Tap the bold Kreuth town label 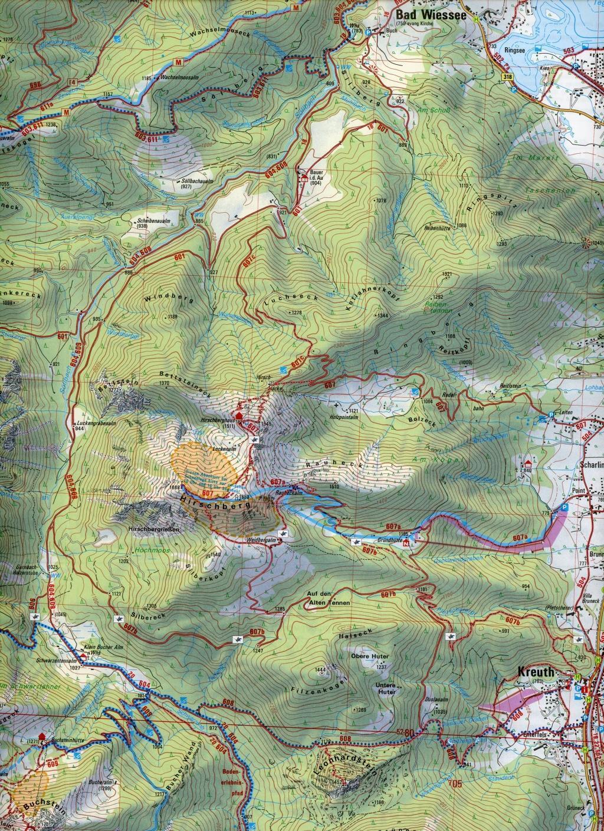[x=536, y=671]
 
